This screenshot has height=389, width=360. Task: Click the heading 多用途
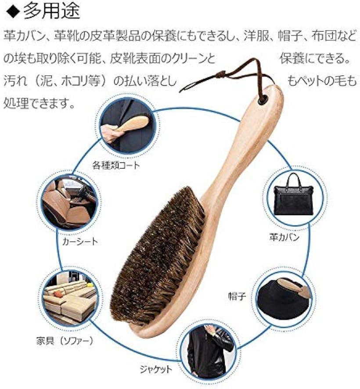[51, 11]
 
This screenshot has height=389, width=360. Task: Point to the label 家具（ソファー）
[65, 340]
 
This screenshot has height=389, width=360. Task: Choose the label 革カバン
[284, 238]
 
